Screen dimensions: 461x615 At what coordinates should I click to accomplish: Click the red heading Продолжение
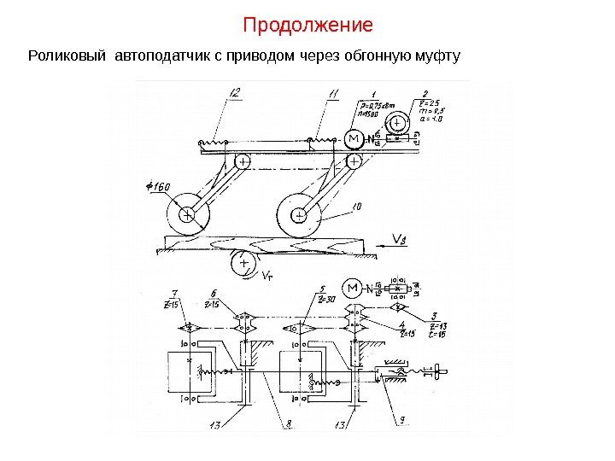[x=307, y=24]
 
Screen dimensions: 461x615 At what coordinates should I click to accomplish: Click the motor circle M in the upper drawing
[x=353, y=139]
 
